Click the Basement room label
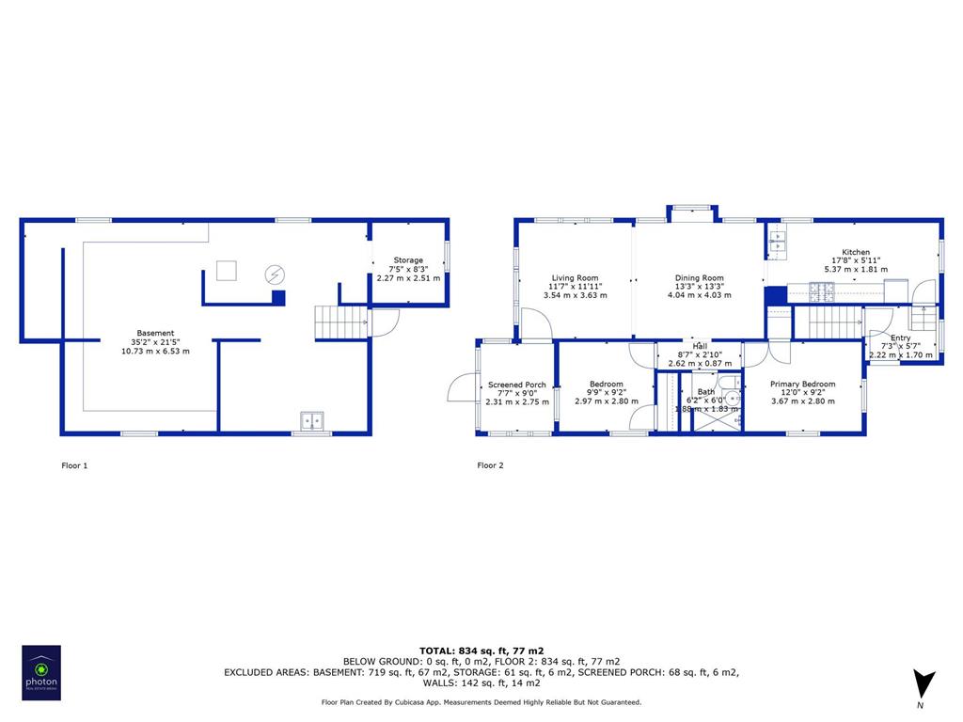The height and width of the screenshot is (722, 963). [x=155, y=333]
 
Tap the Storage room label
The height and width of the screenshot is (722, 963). [x=408, y=260]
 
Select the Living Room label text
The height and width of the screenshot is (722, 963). [x=575, y=278]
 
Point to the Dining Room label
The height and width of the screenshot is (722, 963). [x=699, y=278]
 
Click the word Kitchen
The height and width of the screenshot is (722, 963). [x=856, y=252]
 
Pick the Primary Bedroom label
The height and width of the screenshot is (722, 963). [x=802, y=385]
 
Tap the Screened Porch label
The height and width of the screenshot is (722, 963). [x=516, y=385]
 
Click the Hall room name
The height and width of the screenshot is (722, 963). [x=700, y=346]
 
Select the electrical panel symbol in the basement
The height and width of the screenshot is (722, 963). [x=275, y=275]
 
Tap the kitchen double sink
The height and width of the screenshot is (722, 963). [x=777, y=243]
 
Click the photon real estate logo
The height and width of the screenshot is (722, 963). [x=41, y=672]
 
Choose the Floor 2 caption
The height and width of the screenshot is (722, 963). [x=490, y=465]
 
